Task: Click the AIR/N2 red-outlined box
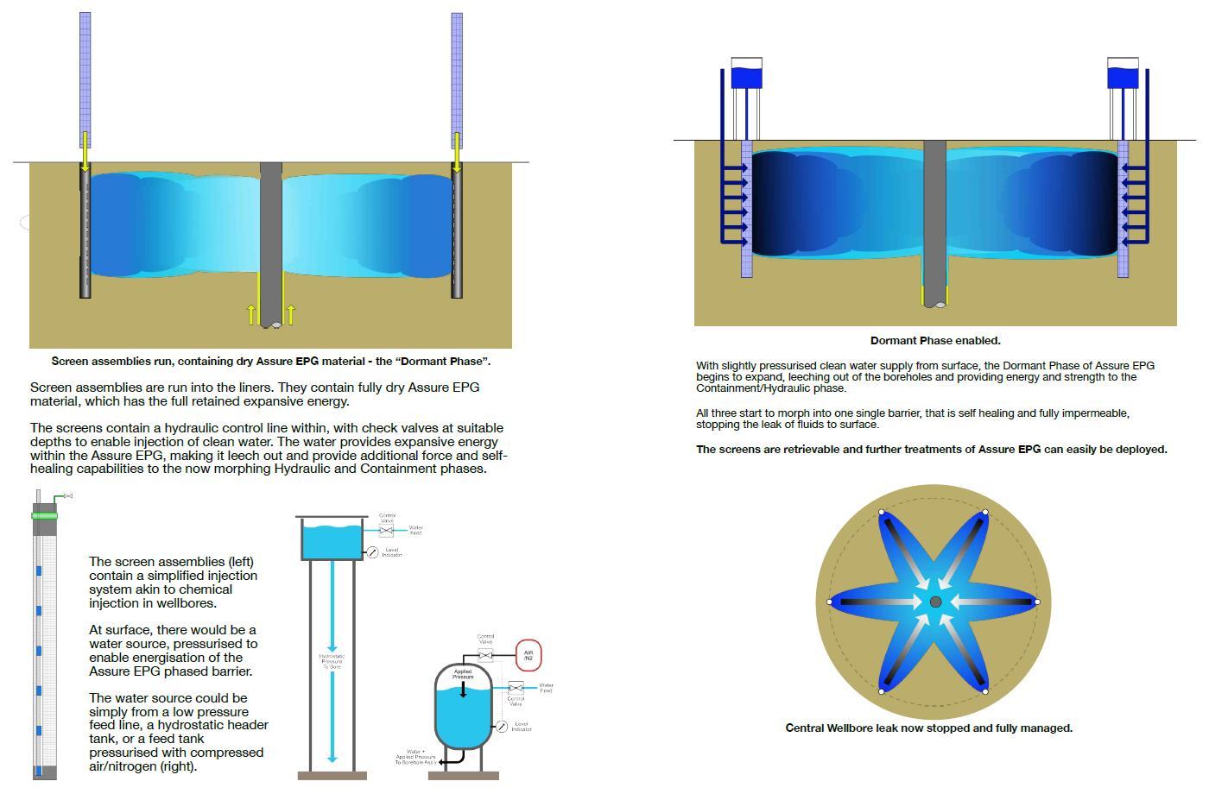click(528, 656)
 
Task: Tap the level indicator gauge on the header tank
click(372, 552)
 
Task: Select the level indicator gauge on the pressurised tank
click(501, 727)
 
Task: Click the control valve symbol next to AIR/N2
click(485, 656)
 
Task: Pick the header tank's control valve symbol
click(386, 531)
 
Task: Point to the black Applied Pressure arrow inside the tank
click(463, 689)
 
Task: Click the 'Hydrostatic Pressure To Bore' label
click(332, 661)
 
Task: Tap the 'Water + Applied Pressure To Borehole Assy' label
click(415, 758)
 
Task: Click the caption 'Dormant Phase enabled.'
click(935, 340)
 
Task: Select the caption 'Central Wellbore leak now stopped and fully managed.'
click(928, 728)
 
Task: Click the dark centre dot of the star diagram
click(935, 602)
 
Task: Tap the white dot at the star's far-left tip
click(830, 602)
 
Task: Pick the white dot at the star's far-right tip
click(1037, 602)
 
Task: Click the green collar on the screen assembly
click(44, 515)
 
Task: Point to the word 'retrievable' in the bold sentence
click(784, 449)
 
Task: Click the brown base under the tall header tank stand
click(332, 776)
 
